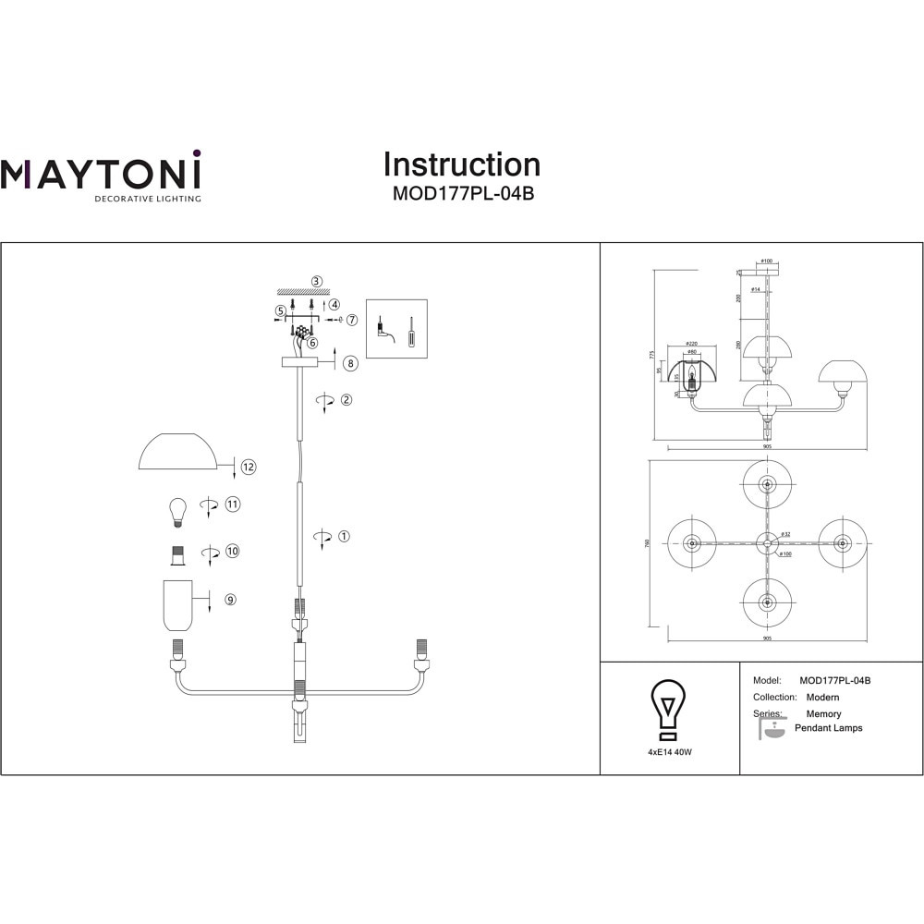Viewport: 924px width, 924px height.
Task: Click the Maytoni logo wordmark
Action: pos(101,173)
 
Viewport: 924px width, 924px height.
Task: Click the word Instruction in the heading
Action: pos(462,164)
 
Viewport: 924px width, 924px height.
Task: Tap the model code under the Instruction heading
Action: pos(462,194)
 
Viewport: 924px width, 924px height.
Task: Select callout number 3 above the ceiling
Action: pos(316,281)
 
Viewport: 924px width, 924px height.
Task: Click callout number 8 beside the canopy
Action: pos(349,363)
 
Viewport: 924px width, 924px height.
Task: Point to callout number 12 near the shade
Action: pos(248,467)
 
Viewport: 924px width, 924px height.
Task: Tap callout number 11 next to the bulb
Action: pos(232,505)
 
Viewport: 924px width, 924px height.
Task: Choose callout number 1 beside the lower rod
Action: pos(344,536)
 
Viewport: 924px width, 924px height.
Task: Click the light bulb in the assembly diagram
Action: pos(176,511)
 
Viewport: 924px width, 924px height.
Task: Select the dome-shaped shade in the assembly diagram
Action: pos(177,452)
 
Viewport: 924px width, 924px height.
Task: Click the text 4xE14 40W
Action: pos(670,753)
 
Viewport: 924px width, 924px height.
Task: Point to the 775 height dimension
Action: pos(651,355)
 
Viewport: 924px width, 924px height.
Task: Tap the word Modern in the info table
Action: pos(823,698)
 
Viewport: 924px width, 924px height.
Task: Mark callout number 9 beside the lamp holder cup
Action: pos(230,599)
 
